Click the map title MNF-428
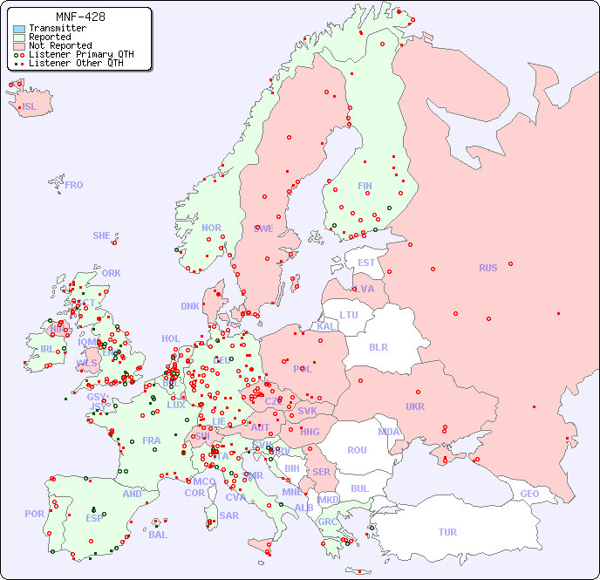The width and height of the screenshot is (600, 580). tap(80, 17)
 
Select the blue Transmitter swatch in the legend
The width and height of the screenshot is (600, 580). tap(19, 29)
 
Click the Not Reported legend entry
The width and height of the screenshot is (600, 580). tap(59, 45)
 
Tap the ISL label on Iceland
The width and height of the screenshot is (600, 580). tap(30, 107)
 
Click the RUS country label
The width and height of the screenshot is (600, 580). tap(487, 268)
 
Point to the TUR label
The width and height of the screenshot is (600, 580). tap(447, 532)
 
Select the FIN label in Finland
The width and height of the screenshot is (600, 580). tap(365, 186)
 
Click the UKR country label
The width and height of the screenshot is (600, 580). tap(415, 406)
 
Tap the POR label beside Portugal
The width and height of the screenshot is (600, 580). tap(34, 514)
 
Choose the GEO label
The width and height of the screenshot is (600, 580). tap(529, 494)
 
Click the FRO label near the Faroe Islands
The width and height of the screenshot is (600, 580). tap(74, 185)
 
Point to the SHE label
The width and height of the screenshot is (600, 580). tap(102, 235)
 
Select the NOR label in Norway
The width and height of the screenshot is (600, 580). tap(211, 228)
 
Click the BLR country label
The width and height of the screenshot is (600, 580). tap(378, 346)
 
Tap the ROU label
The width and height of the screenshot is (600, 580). tap(357, 450)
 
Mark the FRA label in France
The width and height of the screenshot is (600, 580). tap(152, 440)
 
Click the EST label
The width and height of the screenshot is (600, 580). tap(366, 263)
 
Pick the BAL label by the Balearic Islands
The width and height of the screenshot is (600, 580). tap(158, 535)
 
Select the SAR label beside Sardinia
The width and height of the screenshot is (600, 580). tap(229, 515)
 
